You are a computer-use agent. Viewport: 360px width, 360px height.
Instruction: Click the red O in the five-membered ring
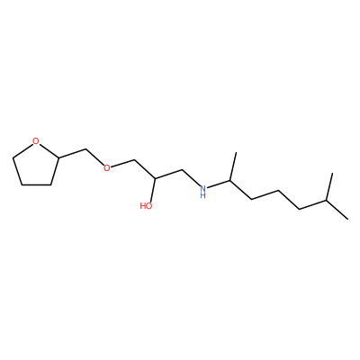click(x=36, y=141)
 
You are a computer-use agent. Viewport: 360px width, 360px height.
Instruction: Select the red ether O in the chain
click(x=106, y=167)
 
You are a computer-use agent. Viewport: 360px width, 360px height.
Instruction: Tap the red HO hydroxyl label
click(x=146, y=206)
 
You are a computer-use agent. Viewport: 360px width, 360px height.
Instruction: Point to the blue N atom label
click(x=203, y=189)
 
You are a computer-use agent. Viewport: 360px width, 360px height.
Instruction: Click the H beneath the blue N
click(x=203, y=195)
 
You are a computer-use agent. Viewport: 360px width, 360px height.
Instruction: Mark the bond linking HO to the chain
click(x=153, y=190)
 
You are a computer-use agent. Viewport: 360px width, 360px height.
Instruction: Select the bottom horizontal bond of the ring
click(x=36, y=184)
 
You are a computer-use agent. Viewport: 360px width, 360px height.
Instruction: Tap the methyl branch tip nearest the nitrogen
click(x=236, y=152)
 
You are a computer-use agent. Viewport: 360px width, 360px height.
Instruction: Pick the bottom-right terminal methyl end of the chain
click(x=348, y=219)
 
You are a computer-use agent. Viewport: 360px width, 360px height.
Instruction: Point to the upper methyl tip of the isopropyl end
click(x=332, y=173)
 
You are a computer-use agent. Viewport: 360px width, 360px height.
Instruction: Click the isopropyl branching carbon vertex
click(x=327, y=201)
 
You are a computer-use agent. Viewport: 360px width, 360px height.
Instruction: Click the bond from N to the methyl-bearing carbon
click(x=219, y=184)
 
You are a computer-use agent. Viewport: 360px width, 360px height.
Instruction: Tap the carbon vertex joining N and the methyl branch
click(x=230, y=181)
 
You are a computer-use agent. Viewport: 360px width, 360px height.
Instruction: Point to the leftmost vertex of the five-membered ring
click(x=13, y=157)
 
